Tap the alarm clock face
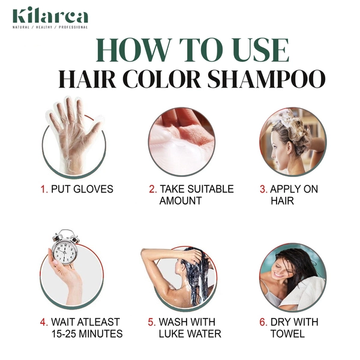coord(64,251)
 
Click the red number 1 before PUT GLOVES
coord(43,189)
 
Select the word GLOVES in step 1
coord(94,189)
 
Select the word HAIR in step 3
coord(282,201)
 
